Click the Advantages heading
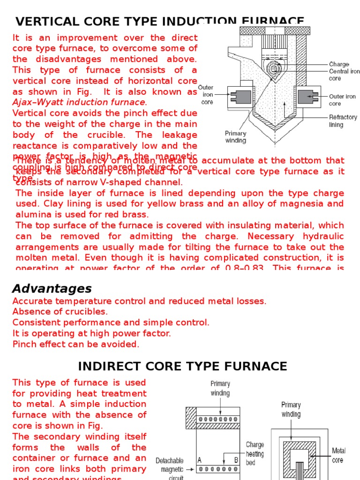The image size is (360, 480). click(52, 289)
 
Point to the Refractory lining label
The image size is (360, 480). click(343, 121)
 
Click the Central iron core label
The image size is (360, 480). click(345, 75)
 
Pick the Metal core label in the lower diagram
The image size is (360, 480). click(338, 455)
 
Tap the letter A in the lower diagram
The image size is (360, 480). click(200, 460)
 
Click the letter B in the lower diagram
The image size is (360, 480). click(236, 460)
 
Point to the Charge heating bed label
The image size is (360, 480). click(255, 454)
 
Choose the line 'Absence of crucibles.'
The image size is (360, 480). click(60, 312)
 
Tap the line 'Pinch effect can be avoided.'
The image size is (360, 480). click(76, 344)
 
